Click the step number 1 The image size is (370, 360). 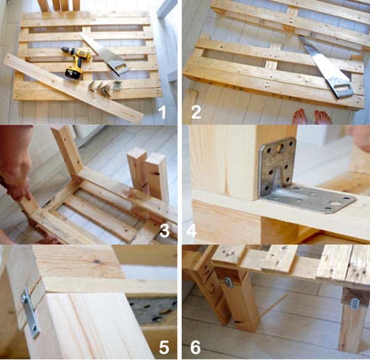162,112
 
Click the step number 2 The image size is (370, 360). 196,112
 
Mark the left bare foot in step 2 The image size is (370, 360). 300,116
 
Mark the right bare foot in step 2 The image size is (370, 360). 322,117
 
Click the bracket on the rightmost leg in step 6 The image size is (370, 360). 355,303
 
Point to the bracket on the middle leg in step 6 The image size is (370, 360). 228,282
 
